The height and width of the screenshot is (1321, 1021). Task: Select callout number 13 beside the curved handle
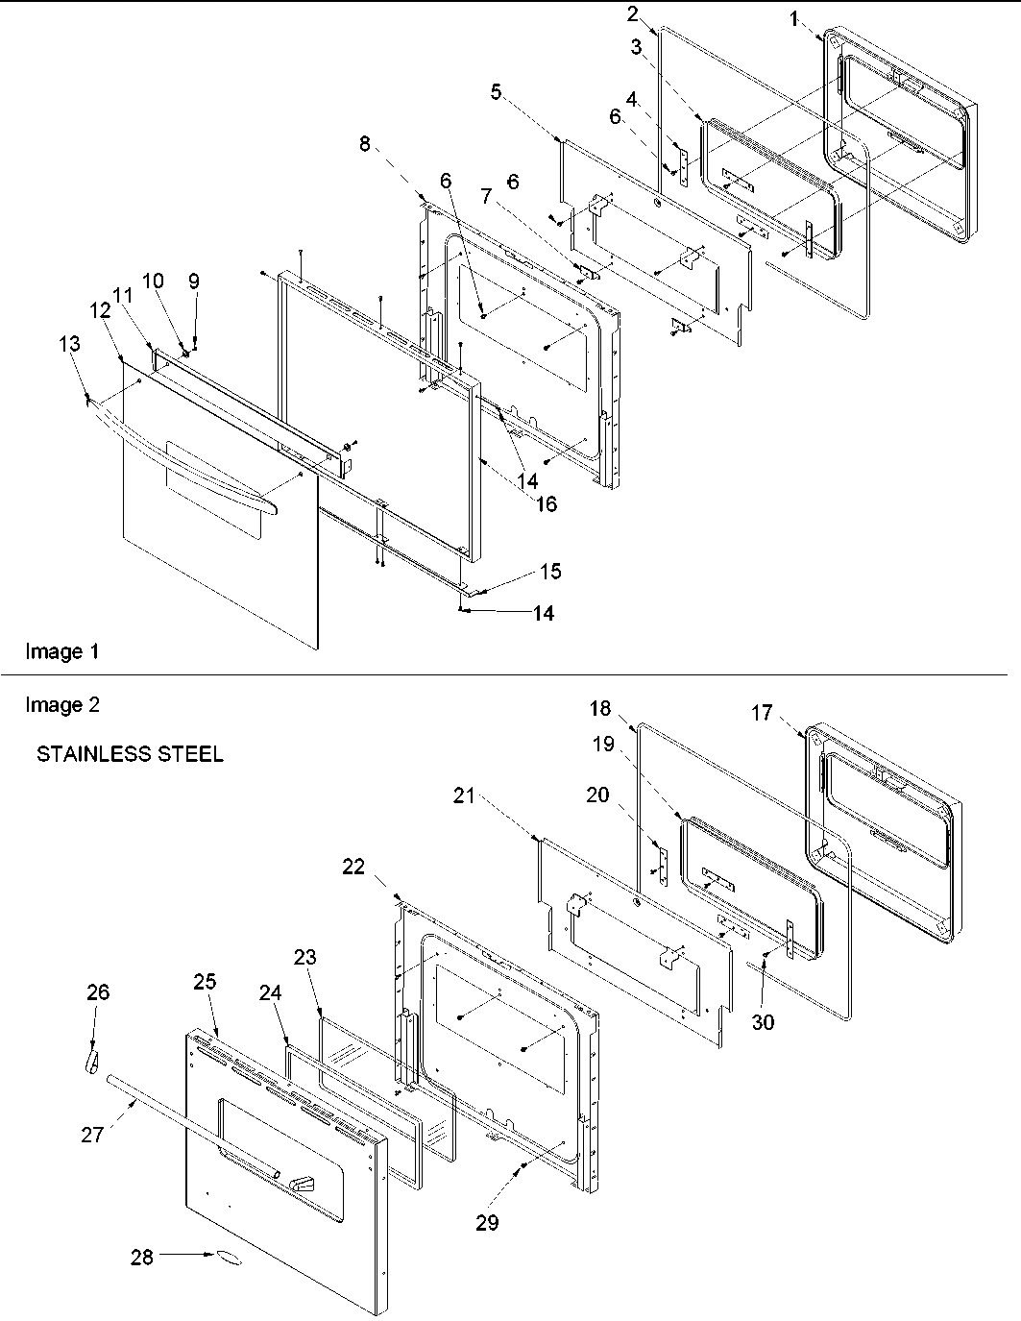click(x=69, y=343)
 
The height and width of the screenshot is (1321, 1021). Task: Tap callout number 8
click(x=364, y=144)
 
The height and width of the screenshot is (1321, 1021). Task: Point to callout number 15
click(x=550, y=572)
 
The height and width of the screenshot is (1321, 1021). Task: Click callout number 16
click(x=546, y=503)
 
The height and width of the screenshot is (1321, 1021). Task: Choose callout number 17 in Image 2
click(x=762, y=713)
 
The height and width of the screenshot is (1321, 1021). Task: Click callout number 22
click(x=353, y=866)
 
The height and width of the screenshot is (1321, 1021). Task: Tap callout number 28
click(x=142, y=1257)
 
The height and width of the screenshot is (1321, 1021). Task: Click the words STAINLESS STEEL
click(x=130, y=754)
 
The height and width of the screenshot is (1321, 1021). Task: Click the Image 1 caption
click(x=61, y=651)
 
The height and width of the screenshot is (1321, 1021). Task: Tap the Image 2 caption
click(x=61, y=705)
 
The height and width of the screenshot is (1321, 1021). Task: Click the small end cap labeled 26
click(x=90, y=1062)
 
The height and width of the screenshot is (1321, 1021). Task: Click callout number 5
click(x=496, y=91)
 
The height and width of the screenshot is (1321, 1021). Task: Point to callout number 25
click(x=205, y=982)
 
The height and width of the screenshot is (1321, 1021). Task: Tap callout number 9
click(x=194, y=281)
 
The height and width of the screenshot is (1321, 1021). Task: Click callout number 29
click(x=488, y=1223)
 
